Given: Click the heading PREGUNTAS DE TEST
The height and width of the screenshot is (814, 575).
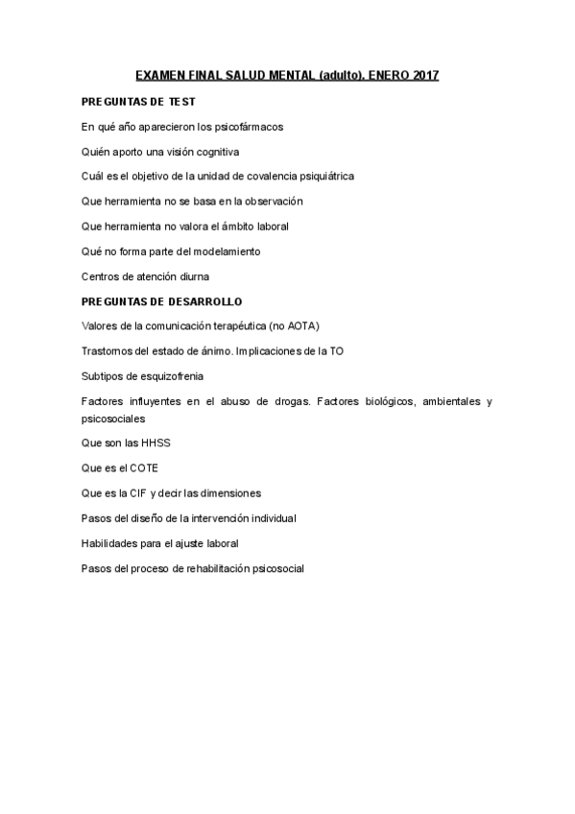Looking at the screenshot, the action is (x=139, y=101).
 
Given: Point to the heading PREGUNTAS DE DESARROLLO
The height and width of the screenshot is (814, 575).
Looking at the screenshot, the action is (x=161, y=301).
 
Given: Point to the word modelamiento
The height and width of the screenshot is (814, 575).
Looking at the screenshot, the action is (x=227, y=251).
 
